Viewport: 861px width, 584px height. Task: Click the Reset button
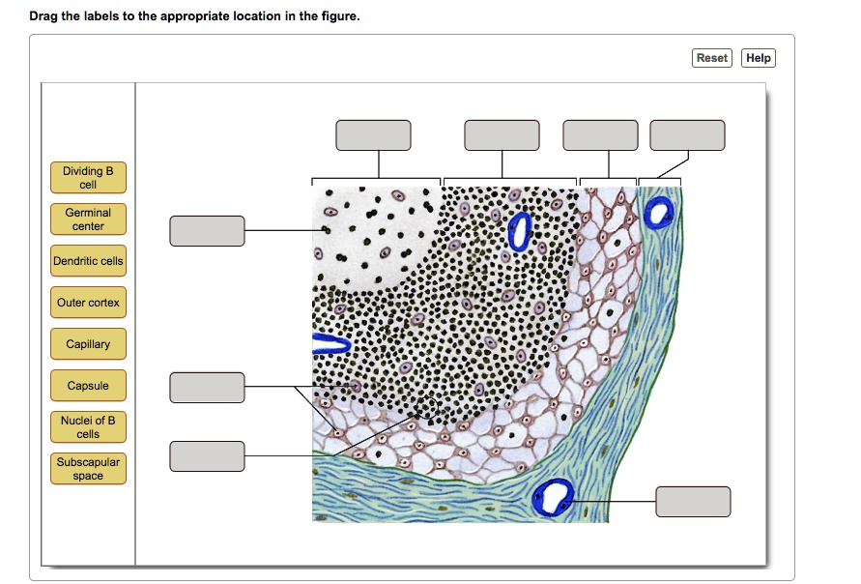tap(711, 58)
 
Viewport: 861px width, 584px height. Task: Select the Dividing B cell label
tap(88, 178)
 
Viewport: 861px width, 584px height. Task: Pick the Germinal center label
tap(88, 219)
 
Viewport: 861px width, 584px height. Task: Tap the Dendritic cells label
tap(88, 261)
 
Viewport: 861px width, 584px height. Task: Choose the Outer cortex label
tap(88, 303)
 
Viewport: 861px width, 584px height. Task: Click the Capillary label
tap(88, 344)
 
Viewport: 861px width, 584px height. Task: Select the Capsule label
tap(88, 386)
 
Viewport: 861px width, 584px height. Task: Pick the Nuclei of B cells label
tap(88, 426)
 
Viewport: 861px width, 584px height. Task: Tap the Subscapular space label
tap(88, 469)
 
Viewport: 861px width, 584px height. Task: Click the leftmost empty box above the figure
tap(373, 135)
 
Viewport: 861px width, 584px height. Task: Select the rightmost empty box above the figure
tap(687, 135)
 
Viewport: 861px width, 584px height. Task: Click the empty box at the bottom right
tap(693, 502)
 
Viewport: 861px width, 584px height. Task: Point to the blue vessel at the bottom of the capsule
tap(554, 497)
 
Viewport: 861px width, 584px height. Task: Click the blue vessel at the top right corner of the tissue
tap(659, 213)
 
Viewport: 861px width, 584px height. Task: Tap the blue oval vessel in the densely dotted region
tap(519, 231)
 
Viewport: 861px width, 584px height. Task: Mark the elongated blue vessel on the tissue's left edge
tap(330, 344)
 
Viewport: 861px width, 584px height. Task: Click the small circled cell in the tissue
tap(427, 408)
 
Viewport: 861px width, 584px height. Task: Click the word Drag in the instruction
tap(43, 16)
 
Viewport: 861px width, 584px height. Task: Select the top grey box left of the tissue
tap(207, 231)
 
